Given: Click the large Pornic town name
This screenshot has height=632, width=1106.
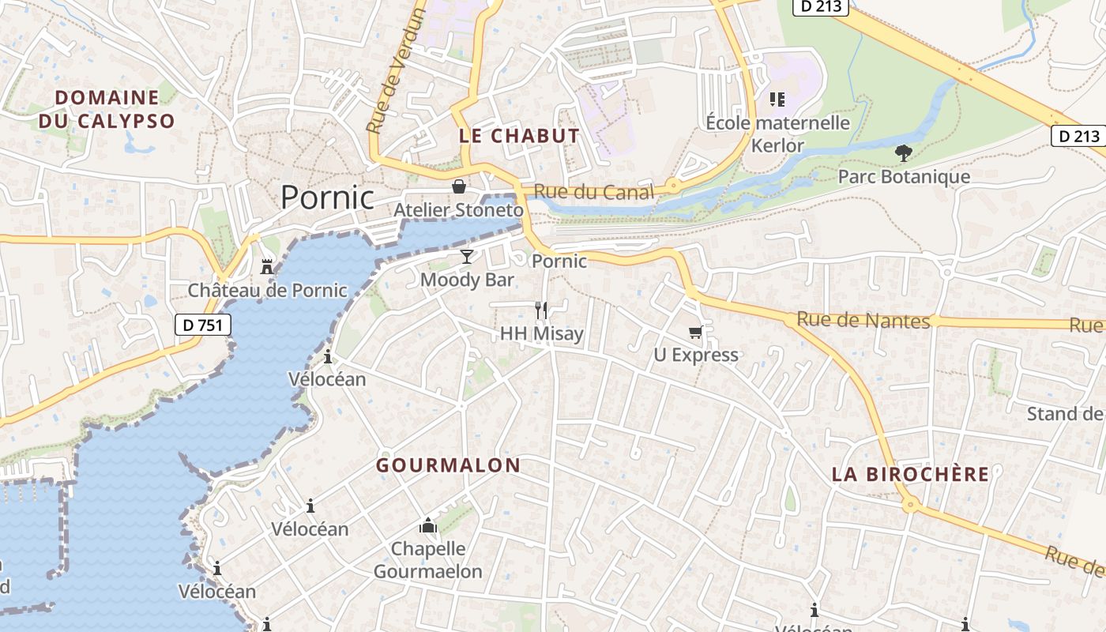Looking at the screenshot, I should click(327, 197).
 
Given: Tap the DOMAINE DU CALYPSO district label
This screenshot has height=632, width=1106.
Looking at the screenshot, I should click(107, 109).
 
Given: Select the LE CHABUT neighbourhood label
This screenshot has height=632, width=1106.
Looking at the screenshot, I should click(519, 136).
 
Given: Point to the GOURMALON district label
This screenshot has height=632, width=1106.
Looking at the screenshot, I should click(448, 465).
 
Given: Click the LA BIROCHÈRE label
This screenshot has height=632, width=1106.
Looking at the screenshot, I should click(910, 474).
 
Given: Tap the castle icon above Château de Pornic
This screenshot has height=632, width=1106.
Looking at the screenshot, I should click(267, 267).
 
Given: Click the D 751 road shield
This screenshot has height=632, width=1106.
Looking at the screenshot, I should click(203, 324).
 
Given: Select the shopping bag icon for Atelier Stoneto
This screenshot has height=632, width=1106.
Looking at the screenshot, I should click(458, 186).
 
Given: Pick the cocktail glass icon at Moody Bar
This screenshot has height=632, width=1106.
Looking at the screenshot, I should click(467, 257).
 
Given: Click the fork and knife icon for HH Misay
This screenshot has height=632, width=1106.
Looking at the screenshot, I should click(541, 310).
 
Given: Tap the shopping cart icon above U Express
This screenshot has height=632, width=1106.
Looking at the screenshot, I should click(696, 332).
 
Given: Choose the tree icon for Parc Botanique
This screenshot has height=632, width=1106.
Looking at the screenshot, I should click(904, 152).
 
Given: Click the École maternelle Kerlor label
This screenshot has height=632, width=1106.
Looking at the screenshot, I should click(777, 134).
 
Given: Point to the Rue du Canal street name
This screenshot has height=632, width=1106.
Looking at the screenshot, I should click(593, 192).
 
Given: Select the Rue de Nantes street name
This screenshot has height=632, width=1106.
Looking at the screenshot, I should click(863, 320).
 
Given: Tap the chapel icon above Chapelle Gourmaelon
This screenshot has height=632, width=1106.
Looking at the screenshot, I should click(427, 525).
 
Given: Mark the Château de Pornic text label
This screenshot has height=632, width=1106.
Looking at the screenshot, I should click(267, 291).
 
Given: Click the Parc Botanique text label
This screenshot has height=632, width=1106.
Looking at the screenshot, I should click(904, 176).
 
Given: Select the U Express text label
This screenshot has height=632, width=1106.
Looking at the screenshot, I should click(696, 355).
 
